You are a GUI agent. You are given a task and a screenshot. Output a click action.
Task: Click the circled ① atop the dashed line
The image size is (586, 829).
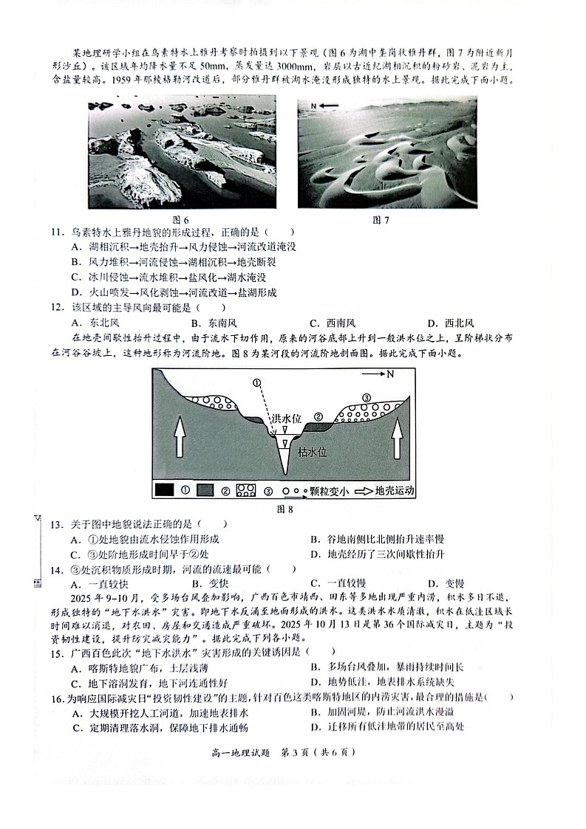pyautogui.click(x=256, y=383)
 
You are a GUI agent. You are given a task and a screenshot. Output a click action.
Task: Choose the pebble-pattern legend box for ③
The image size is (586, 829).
pyautogui.click(x=245, y=489)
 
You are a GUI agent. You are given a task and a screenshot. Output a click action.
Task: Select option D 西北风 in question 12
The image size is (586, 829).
pyautogui.click(x=450, y=323)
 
